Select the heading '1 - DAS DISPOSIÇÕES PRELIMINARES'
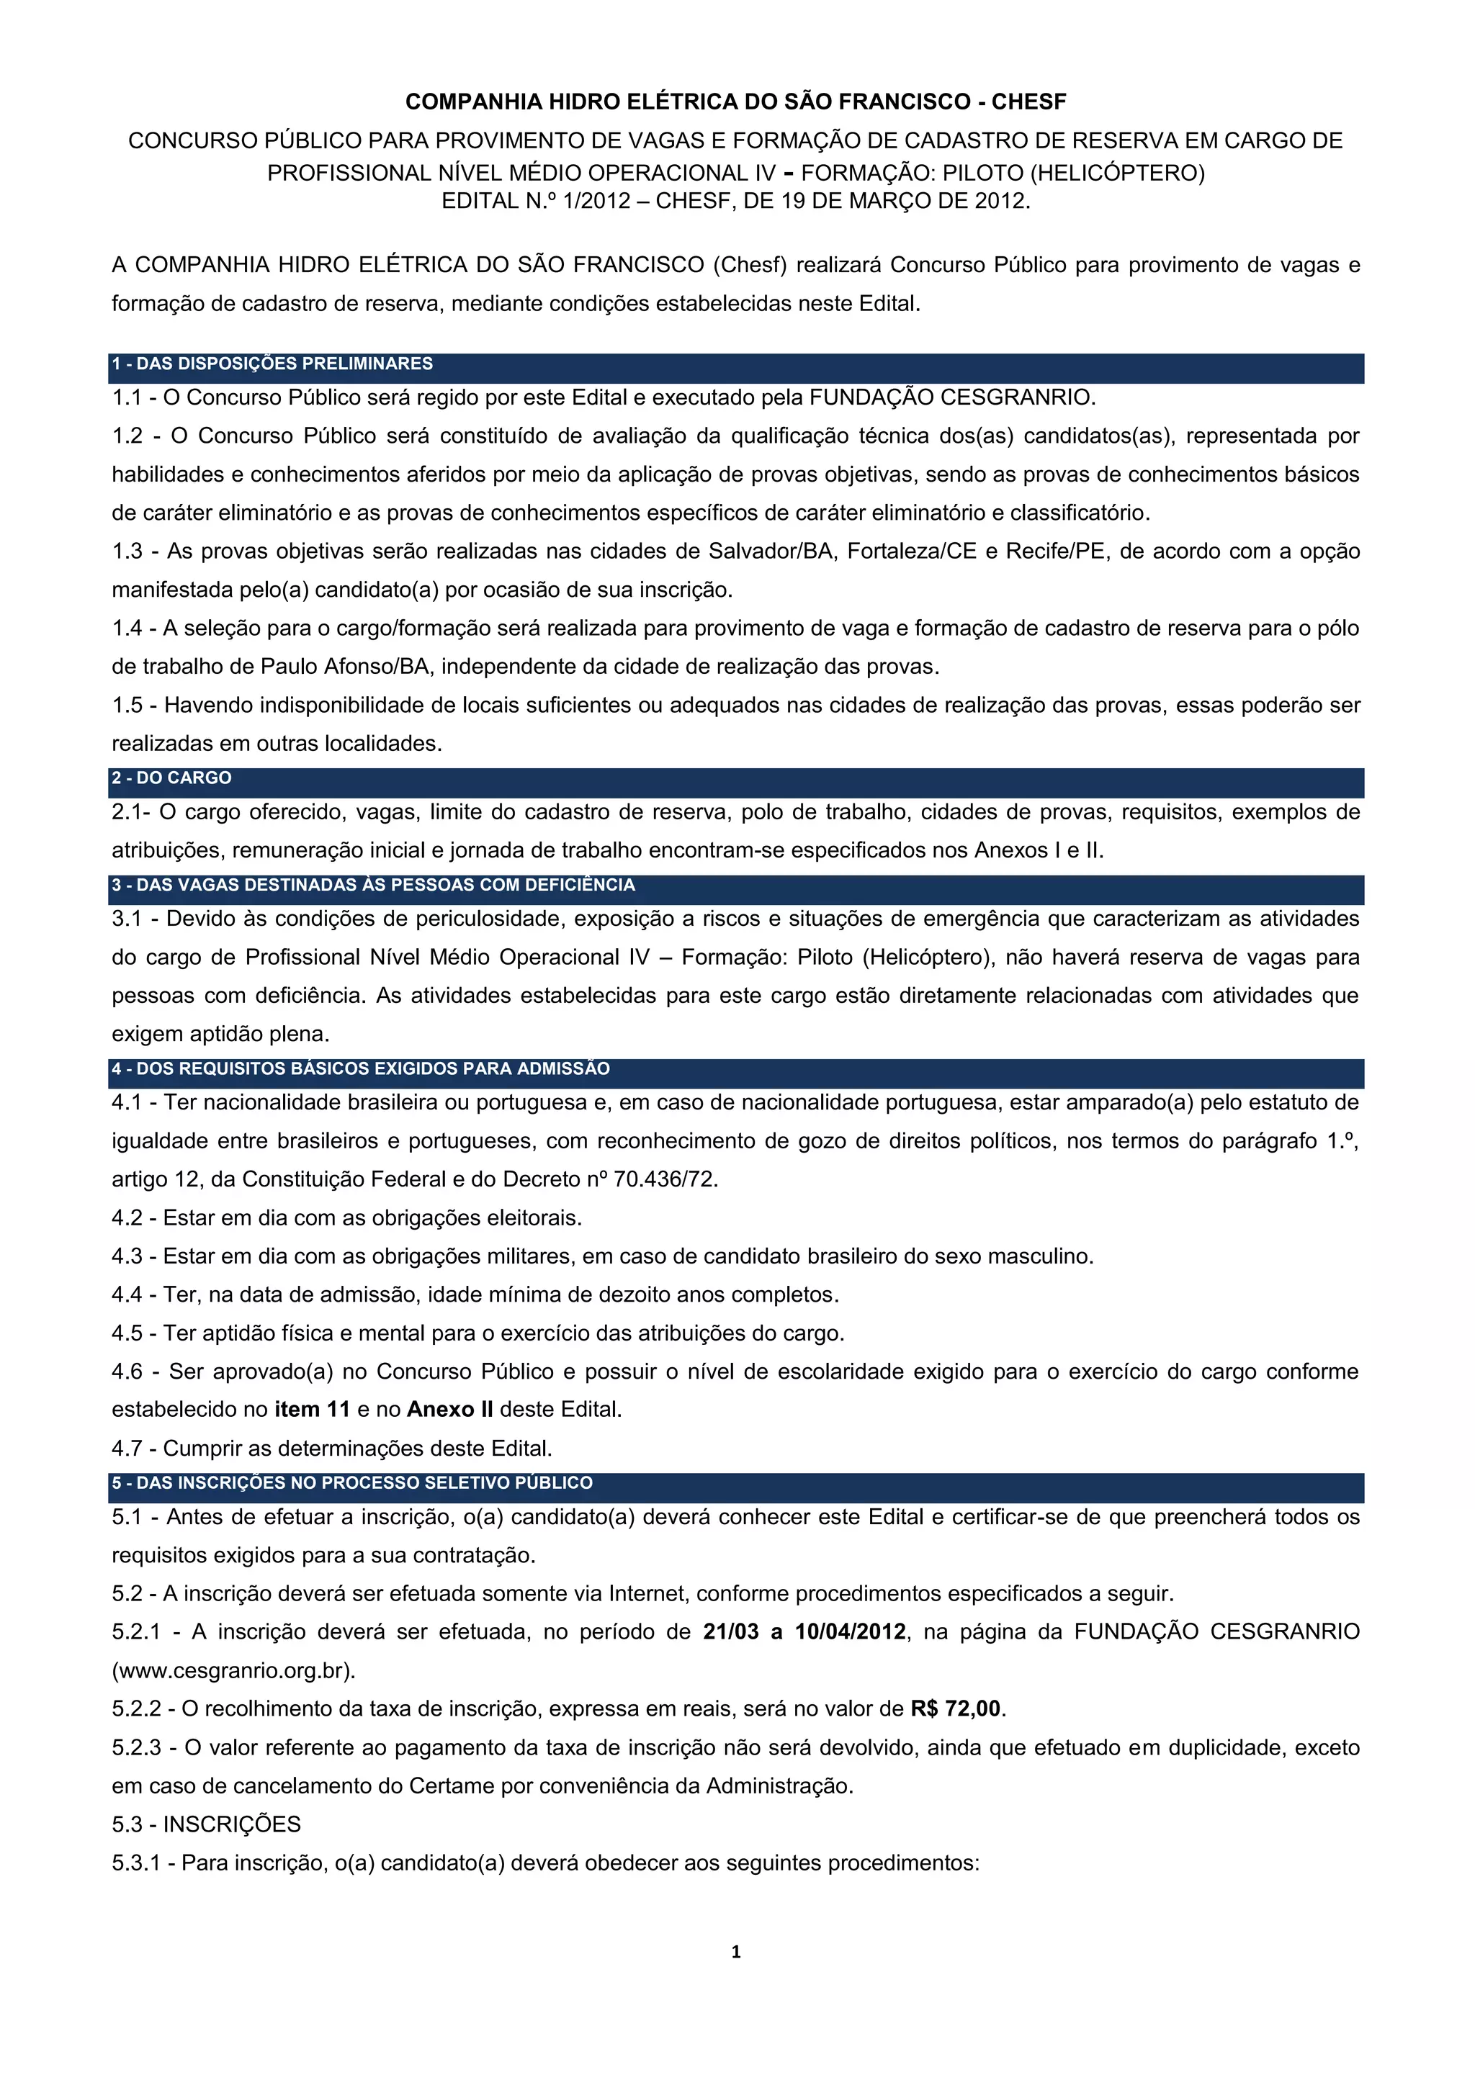(272, 364)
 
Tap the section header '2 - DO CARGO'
(171, 778)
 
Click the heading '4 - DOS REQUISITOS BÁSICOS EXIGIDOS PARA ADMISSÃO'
(361, 1069)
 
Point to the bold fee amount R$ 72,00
(956, 1708)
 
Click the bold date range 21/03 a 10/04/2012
(804, 1632)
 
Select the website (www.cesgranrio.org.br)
(233, 1670)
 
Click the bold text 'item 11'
(313, 1410)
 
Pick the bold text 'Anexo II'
(449, 1410)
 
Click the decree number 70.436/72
(665, 1179)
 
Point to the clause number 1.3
(127, 551)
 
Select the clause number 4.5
(127, 1333)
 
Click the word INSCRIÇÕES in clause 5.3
(232, 1824)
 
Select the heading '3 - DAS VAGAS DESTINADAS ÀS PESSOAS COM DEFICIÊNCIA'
(373, 886)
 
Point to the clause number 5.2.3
(136, 1747)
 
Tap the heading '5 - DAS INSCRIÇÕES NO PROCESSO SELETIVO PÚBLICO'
(352, 1483)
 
